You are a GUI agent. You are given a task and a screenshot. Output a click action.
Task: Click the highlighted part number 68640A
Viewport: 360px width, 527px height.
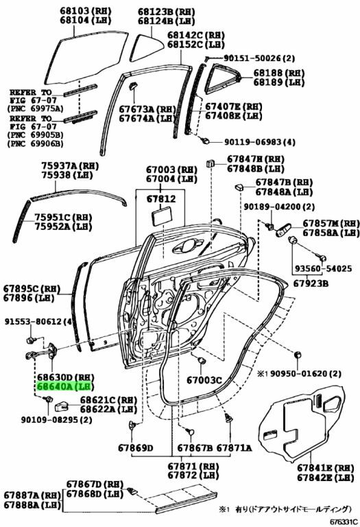point(53,386)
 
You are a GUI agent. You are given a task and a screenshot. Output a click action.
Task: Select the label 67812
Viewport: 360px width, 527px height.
point(161,199)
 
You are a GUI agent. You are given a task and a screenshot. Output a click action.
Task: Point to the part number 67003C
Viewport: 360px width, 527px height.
point(204,380)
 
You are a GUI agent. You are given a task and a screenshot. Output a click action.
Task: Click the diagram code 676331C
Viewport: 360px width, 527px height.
point(344,522)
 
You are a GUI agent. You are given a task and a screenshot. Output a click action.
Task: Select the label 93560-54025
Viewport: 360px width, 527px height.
point(324,268)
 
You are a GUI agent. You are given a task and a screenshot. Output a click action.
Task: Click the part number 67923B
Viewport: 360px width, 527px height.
point(311,283)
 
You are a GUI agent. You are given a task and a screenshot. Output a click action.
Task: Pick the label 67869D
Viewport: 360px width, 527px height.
point(135,447)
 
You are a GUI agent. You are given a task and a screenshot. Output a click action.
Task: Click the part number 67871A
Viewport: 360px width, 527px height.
point(234,447)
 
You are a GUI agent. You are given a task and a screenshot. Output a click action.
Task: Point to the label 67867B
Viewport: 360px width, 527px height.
point(195,447)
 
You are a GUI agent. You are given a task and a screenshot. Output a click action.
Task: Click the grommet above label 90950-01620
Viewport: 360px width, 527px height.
point(297,355)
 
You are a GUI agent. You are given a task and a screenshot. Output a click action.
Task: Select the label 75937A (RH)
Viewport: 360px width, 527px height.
point(70,165)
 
